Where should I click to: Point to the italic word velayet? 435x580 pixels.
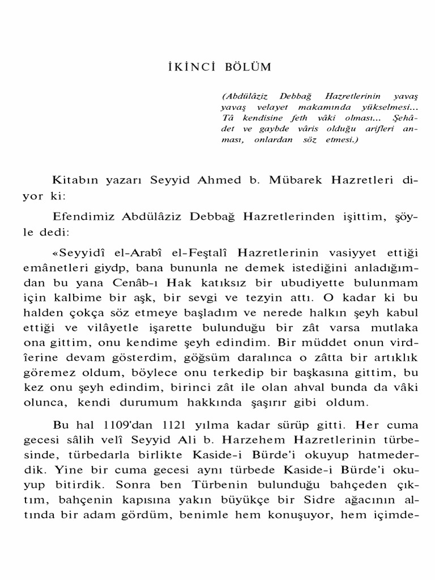pyautogui.click(x=266, y=107)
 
